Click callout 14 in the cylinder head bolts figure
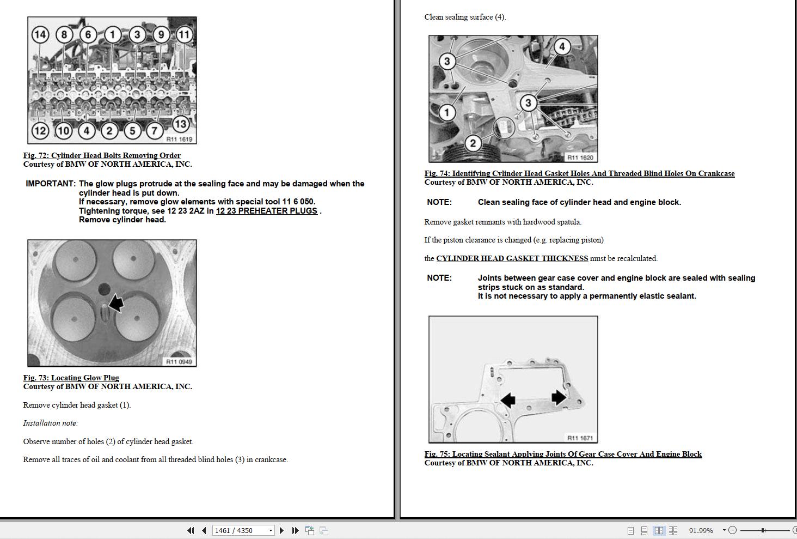pyautogui.click(x=40, y=35)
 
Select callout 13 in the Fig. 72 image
pyautogui.click(x=180, y=124)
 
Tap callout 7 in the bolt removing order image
pyautogui.click(x=155, y=131)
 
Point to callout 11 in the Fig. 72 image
pyautogui.click(x=184, y=35)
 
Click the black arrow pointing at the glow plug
pyautogui.click(x=115, y=303)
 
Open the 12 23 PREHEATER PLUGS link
pyautogui.click(x=266, y=211)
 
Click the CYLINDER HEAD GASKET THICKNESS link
pyautogui.click(x=512, y=258)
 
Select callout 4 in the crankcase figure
pyautogui.click(x=562, y=47)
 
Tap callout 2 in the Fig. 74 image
pyautogui.click(x=473, y=143)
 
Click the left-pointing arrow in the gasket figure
pyautogui.click(x=507, y=401)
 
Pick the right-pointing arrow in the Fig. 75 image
pyautogui.click(x=559, y=397)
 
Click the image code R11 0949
pyautogui.click(x=179, y=362)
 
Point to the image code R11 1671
pyautogui.click(x=580, y=438)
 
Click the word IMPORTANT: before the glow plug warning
pyautogui.click(x=51, y=184)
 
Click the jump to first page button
pyautogui.click(x=191, y=530)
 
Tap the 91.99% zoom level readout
pyautogui.click(x=701, y=530)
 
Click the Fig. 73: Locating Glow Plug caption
pyautogui.click(x=71, y=378)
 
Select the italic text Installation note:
pyautogui.click(x=51, y=423)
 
